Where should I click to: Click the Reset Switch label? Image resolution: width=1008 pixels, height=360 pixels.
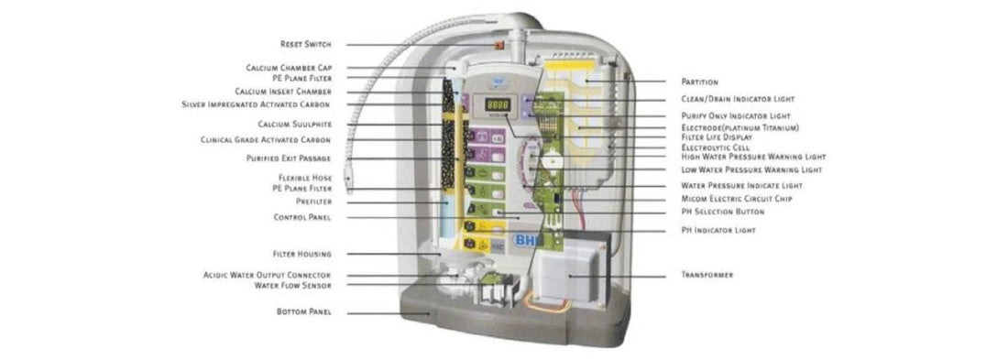[x=305, y=44]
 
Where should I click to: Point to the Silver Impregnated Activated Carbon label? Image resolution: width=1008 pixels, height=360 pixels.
[x=257, y=104]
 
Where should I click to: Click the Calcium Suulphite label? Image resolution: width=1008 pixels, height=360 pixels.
[x=294, y=124]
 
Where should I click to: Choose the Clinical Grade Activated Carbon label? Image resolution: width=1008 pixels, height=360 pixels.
[x=266, y=140]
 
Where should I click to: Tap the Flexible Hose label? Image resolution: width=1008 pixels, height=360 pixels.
[x=305, y=177]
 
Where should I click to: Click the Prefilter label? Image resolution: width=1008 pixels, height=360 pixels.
[x=312, y=202]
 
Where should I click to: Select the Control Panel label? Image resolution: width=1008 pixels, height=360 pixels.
[x=302, y=217]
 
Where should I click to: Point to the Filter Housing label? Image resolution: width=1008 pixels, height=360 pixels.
[x=301, y=254]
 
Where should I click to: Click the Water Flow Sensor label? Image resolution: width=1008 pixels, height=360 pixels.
[x=293, y=285]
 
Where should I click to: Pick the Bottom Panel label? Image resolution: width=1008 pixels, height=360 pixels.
[x=303, y=312]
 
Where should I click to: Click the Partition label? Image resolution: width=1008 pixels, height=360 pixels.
[x=699, y=82]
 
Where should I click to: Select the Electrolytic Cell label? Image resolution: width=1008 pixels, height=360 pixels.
[x=716, y=147]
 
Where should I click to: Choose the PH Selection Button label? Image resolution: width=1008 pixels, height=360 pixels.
[x=722, y=212]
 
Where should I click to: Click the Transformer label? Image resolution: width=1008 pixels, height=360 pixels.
[x=707, y=275]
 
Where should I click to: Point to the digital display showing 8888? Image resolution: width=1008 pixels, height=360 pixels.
[x=498, y=105]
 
